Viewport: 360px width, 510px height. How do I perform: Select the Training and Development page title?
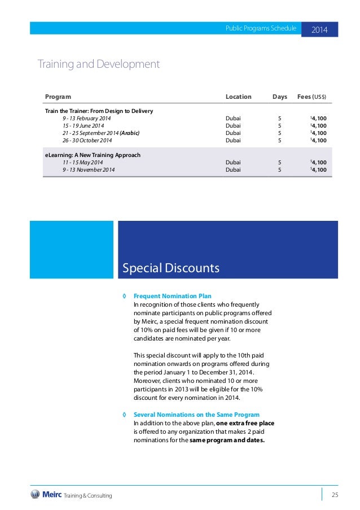[98, 64]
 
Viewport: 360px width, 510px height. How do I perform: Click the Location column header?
[238, 97]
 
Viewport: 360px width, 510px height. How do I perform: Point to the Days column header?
[280, 97]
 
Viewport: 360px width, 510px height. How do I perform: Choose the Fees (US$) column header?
[311, 97]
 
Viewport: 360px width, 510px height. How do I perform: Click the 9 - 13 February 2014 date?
[87, 119]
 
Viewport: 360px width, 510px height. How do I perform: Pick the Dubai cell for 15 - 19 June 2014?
[233, 126]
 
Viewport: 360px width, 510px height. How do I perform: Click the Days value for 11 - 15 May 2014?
[280, 162]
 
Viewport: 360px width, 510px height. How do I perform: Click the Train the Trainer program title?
[99, 111]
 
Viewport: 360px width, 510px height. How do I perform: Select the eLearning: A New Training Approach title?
[93, 155]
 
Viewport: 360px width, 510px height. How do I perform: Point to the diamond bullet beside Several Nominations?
[124, 414]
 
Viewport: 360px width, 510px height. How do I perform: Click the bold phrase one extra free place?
[245, 422]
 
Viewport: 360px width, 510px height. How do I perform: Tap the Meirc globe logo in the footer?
[36, 494]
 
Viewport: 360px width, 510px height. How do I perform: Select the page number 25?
[335, 495]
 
